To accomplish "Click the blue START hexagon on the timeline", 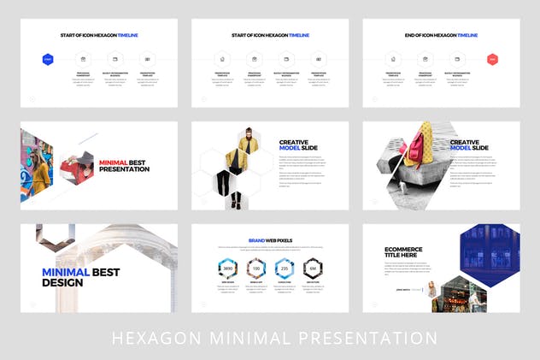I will [48, 59].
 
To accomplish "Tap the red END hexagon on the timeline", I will [492, 59].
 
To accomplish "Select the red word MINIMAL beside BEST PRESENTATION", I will [113, 162].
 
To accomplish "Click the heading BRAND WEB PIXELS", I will [269, 241].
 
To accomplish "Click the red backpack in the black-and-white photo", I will [421, 143].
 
